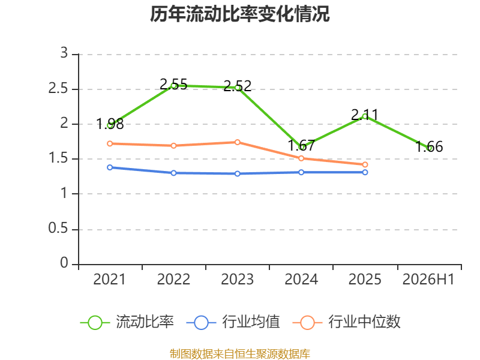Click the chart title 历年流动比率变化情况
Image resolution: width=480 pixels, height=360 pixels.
coord(239,14)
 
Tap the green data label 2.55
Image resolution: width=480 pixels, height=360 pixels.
coord(173,84)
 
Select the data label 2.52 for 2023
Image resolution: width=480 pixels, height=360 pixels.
coord(237,86)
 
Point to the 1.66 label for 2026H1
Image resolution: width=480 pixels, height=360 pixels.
coord(429,146)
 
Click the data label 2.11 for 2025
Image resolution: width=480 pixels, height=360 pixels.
coord(365,115)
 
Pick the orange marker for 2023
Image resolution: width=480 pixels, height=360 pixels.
coord(237,142)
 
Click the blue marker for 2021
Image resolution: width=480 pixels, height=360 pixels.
coord(110,167)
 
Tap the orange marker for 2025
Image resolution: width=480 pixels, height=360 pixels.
coord(365,164)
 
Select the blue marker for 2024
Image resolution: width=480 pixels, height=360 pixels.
coord(301,172)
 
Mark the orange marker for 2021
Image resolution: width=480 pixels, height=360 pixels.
coord(110,143)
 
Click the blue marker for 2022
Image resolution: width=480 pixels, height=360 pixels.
coord(173,173)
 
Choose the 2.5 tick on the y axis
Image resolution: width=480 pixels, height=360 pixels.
coord(58,89)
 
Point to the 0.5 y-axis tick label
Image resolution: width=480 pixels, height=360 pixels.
coord(58,229)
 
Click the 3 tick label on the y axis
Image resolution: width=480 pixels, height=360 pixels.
coord(64,53)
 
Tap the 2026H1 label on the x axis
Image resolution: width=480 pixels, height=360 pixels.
coord(428,280)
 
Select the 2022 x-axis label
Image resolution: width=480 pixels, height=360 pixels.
coord(173,280)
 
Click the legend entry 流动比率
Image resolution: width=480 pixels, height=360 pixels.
coord(127,322)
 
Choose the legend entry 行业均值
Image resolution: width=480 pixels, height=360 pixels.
coord(233,322)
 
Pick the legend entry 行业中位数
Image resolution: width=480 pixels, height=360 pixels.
coord(347,322)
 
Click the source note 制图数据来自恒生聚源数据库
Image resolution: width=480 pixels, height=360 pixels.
coord(240,354)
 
